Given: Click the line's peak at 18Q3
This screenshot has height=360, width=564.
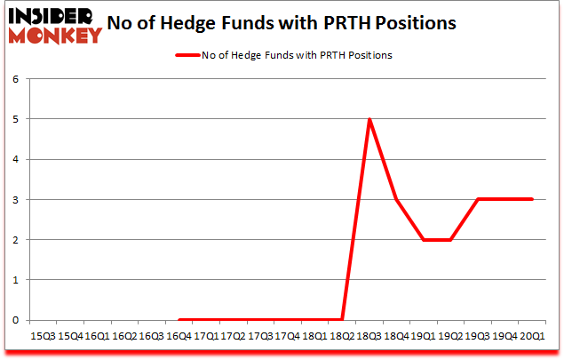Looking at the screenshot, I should (369, 119).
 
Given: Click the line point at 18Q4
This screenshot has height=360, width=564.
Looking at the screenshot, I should (397, 199).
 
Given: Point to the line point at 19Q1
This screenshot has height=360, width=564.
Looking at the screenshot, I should (425, 240).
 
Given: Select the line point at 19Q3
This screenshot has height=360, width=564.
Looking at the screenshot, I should (479, 199).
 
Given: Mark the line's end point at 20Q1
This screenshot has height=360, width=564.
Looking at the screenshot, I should (533, 199).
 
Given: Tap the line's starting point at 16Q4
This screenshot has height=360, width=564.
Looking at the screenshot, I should (179, 320).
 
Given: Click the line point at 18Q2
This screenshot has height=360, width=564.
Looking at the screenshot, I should (343, 320).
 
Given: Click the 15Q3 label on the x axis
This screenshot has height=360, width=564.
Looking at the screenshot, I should (43, 337).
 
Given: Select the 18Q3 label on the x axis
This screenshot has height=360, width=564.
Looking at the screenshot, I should (369, 337).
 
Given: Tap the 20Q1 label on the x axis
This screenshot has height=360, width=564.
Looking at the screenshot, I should (533, 337).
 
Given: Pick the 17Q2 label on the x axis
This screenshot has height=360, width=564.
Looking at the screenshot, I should (234, 337).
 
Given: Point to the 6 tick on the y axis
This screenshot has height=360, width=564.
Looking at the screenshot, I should (15, 79).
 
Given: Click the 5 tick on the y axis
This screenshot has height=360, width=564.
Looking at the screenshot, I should (15, 119).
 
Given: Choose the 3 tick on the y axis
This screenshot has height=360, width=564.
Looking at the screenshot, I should (15, 199).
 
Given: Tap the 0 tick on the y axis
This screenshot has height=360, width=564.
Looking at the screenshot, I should (15, 320).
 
